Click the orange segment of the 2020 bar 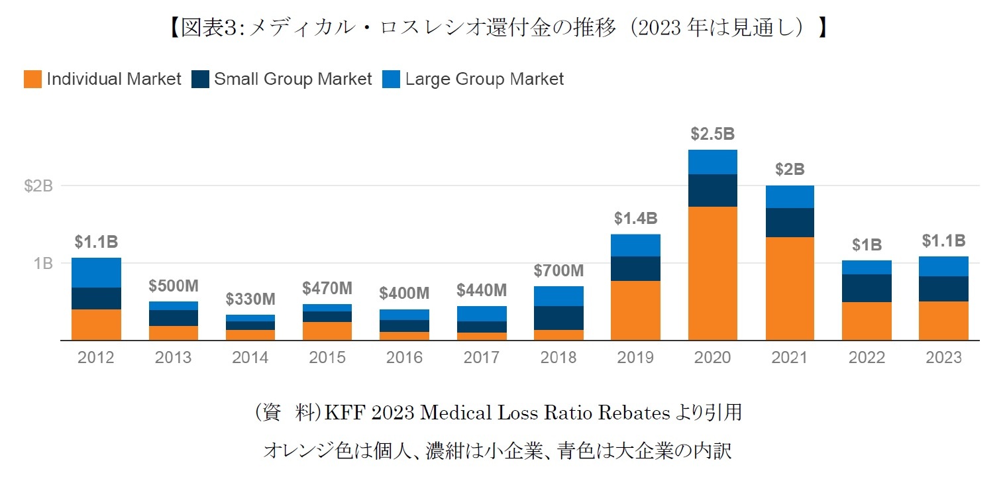[x=712, y=273]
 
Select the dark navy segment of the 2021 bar [x=790, y=223]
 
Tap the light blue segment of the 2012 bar [x=96, y=272]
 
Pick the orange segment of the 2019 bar [x=635, y=310]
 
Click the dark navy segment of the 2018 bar [x=558, y=318]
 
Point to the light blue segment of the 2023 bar [x=943, y=266]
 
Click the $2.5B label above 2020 [x=712, y=134]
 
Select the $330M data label [x=250, y=299]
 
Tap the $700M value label [x=558, y=270]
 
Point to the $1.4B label [x=635, y=218]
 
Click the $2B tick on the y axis [x=38, y=186]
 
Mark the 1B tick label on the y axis [x=41, y=263]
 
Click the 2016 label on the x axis [x=404, y=358]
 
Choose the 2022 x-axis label [x=867, y=358]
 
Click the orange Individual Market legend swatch [x=32, y=80]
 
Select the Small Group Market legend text [x=292, y=80]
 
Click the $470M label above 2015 [x=327, y=288]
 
